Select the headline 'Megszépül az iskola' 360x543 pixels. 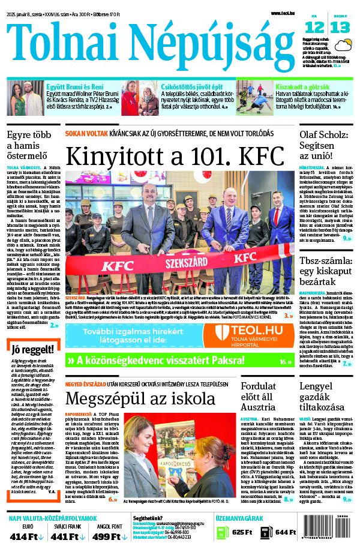[140, 398]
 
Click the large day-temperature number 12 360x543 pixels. [314, 27]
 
